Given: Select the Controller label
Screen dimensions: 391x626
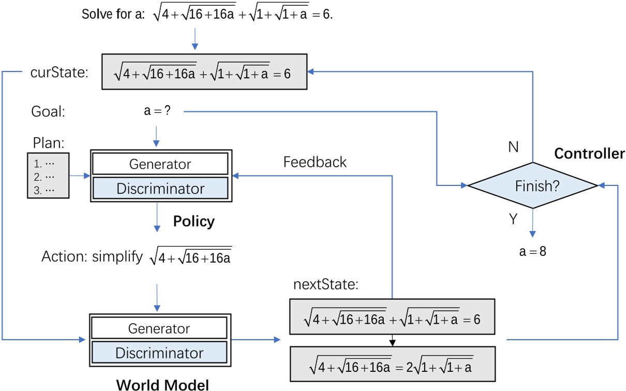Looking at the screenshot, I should coord(589,154).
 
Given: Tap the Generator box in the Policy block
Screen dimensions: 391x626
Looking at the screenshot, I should coord(159,164).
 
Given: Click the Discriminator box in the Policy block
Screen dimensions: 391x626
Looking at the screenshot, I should coord(159,189).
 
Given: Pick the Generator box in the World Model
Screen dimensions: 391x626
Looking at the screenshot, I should coord(159,328).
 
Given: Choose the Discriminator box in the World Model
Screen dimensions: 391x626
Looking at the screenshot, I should coord(159,353).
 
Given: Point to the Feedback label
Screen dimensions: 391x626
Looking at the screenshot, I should coord(315,162).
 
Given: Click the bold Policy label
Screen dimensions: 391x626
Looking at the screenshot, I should coord(193,222).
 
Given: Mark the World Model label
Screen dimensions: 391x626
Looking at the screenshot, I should coord(162,384).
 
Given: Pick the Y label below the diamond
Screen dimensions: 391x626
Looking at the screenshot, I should coord(513,220).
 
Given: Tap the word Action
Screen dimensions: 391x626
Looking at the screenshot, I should coord(58,257).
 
